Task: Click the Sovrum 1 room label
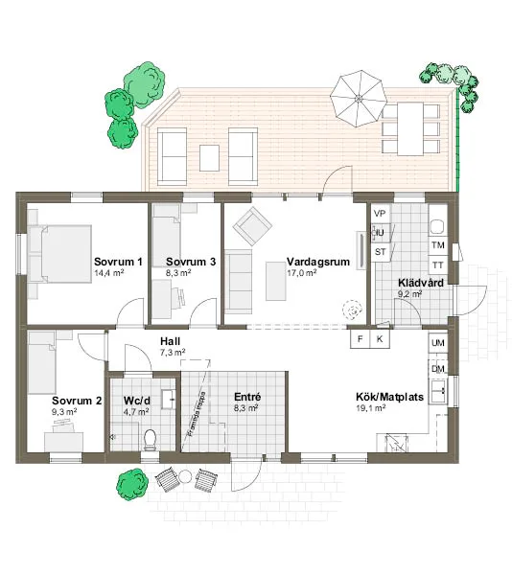[118, 262]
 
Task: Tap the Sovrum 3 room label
[191, 262]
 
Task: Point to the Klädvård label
[419, 283]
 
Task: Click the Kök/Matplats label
[383, 396]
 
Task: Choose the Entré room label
[248, 396]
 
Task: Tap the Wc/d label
[137, 401]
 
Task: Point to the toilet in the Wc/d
[150, 439]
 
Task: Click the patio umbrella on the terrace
[358, 96]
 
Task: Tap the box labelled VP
[380, 213]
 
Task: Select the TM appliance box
[438, 245]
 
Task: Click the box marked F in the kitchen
[361, 339]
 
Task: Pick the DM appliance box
[438, 369]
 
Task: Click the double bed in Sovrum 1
[59, 254]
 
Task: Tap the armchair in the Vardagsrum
[252, 227]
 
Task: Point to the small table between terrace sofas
[209, 155]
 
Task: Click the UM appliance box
[438, 343]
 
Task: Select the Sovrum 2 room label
[77, 401]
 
